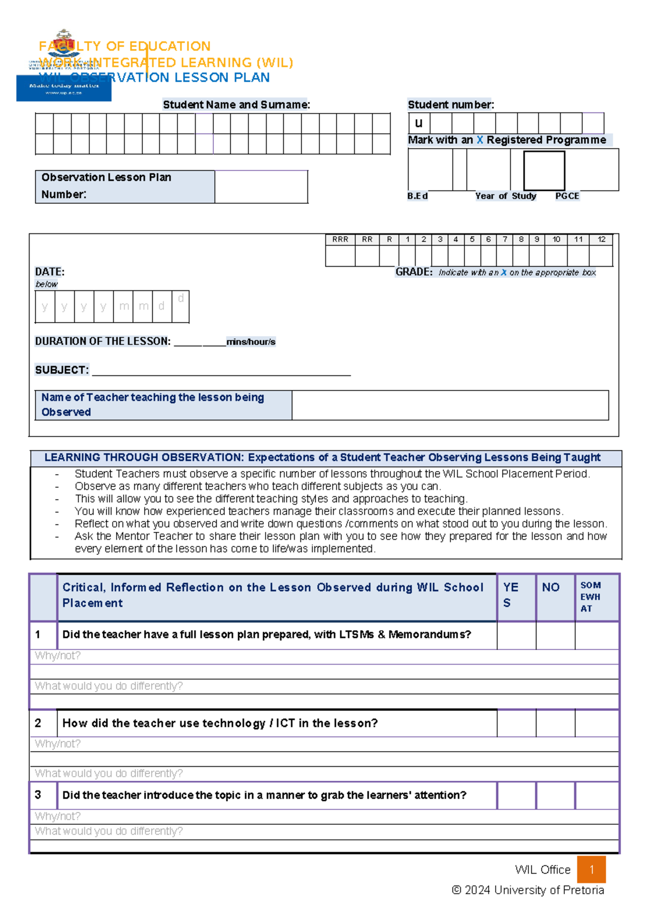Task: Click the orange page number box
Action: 591,869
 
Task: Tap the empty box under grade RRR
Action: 340,256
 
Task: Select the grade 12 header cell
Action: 601,239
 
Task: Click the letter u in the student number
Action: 419,123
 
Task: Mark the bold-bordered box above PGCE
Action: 544,170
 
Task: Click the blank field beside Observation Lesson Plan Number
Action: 261,187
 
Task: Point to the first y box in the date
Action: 45,306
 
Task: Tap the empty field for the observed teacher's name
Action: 450,405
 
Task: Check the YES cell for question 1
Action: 516,635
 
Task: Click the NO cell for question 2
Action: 555,723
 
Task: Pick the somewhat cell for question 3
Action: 596,795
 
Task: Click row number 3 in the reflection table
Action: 39,795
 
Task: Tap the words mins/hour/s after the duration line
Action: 250,342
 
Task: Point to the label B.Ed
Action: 417,196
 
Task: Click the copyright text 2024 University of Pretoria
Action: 528,890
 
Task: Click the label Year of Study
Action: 505,196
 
